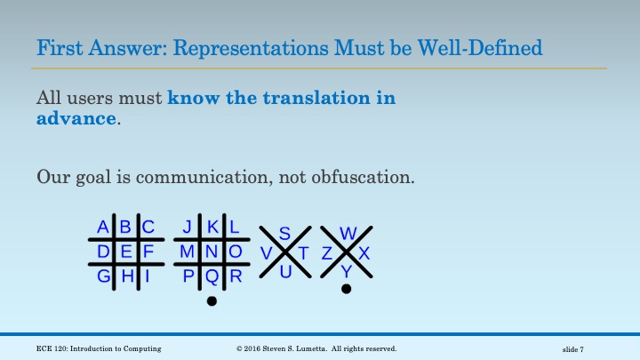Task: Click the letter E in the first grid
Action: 126,252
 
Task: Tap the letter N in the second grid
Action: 212,252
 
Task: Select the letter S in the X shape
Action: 284,234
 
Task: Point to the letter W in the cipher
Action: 348,234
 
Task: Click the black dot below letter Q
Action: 212,301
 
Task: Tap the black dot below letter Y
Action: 347,289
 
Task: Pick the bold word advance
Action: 77,118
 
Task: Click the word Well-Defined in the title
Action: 488,46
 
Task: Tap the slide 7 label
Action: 579,348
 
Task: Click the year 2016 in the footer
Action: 258,348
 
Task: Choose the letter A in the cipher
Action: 103,227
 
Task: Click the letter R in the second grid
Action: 236,276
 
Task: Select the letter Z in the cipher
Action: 327,253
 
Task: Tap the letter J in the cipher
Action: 188,227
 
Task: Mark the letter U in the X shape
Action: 285,272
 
